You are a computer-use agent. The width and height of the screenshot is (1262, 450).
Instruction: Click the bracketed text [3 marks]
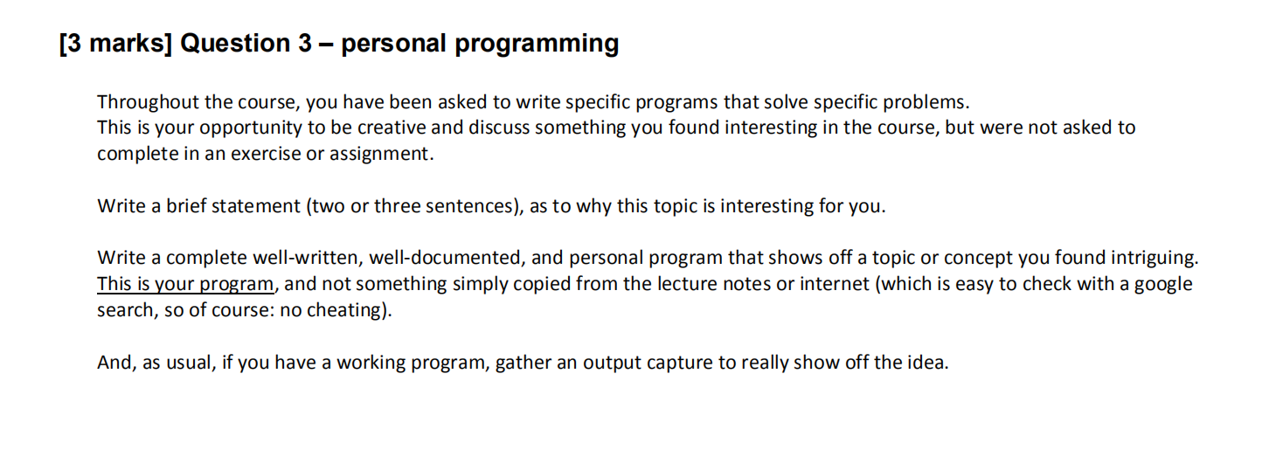coord(114,44)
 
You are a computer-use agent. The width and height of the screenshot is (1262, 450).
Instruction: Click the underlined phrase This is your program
coord(185,284)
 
